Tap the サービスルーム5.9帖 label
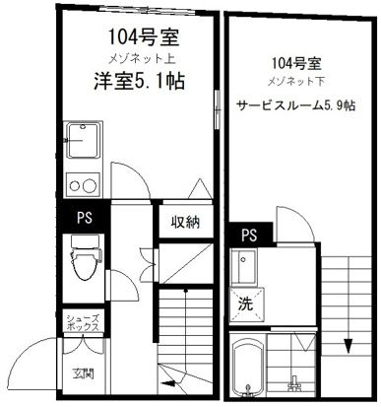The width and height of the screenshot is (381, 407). (294, 107)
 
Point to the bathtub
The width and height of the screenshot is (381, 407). (243, 370)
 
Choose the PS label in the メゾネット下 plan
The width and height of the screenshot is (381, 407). (249, 235)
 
